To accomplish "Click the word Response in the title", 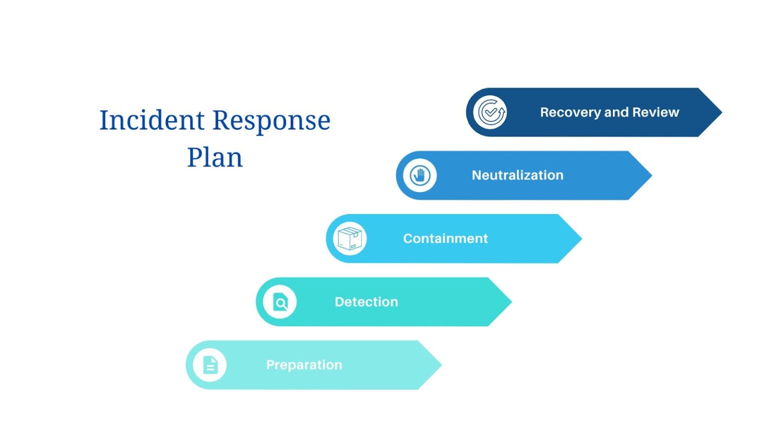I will (x=272, y=121).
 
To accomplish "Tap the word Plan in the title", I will (x=215, y=158).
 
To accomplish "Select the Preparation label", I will (x=304, y=365).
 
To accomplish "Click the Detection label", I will (x=366, y=302).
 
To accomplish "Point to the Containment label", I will (x=445, y=239).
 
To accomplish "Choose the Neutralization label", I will (x=517, y=175).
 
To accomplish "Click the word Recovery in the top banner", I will (x=570, y=112).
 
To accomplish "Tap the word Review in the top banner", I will (x=655, y=112).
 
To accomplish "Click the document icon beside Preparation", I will (x=210, y=365).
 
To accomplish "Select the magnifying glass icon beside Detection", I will (x=280, y=302).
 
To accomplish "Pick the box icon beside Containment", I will (x=350, y=239).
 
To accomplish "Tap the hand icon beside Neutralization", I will (x=420, y=175).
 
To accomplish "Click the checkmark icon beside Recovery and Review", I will (x=490, y=112).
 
